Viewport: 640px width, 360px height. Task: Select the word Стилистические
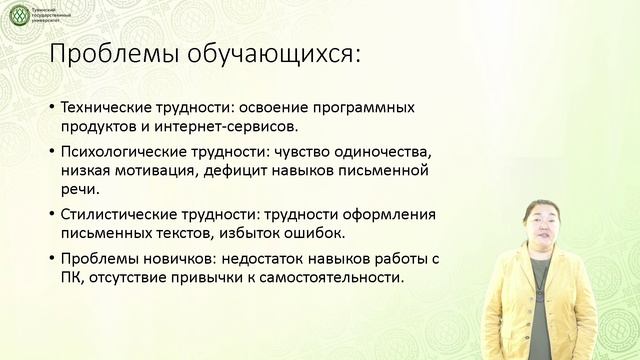coord(115,215)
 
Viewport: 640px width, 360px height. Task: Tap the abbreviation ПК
coord(72,279)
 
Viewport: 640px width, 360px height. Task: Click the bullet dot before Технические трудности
coord(51,107)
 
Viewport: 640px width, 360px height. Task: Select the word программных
coord(367,106)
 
